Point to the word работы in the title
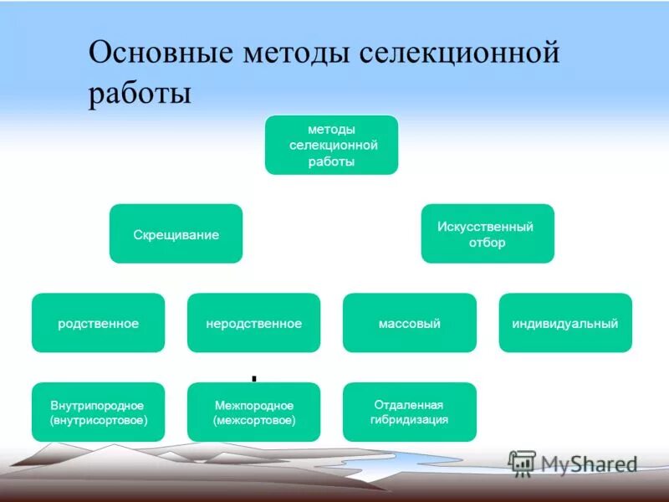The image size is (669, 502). (x=140, y=92)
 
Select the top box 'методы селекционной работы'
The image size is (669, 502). (x=331, y=145)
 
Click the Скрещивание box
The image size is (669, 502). (x=176, y=234)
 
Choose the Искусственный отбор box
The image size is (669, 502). (x=488, y=233)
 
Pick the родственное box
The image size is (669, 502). (x=98, y=323)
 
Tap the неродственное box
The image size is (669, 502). (x=253, y=323)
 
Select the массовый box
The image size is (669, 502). (x=409, y=323)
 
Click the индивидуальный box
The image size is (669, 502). (x=565, y=323)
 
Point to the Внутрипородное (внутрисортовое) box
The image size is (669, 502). (x=98, y=412)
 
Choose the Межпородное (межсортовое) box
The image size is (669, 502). (x=253, y=412)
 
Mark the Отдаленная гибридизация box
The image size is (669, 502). (x=409, y=412)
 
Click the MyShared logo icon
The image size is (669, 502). (x=522, y=463)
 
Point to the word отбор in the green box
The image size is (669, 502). (x=488, y=243)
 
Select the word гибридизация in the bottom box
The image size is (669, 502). (x=409, y=419)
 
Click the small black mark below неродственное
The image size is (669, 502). (x=253, y=378)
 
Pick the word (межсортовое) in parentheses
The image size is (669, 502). (x=253, y=420)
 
